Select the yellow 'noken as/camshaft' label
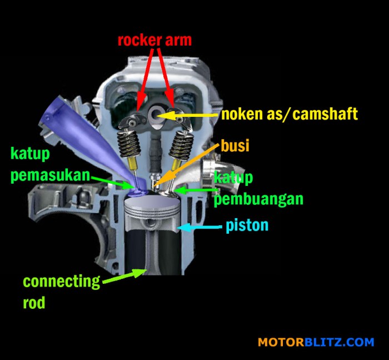click(289, 115)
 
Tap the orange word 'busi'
click(235, 146)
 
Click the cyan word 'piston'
click(247, 226)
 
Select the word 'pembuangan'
click(258, 199)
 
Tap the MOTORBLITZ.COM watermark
click(315, 342)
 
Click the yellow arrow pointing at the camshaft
click(189, 115)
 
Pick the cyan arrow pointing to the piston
click(200, 227)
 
